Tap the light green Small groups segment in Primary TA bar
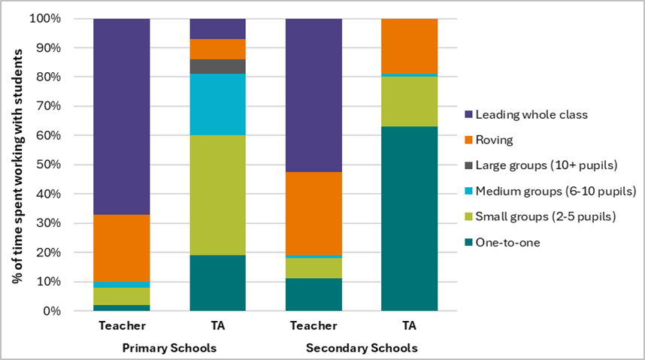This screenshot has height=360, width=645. [217, 195]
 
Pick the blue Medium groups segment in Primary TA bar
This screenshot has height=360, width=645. [217, 104]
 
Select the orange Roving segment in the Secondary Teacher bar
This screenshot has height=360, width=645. [313, 213]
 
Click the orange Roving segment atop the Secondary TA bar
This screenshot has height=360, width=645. [409, 46]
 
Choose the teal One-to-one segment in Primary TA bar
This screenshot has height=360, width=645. [217, 283]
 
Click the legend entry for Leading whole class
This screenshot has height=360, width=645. [525, 115]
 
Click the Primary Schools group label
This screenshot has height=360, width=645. [169, 349]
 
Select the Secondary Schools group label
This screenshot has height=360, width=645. [362, 349]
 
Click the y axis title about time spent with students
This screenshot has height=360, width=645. [16, 165]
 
